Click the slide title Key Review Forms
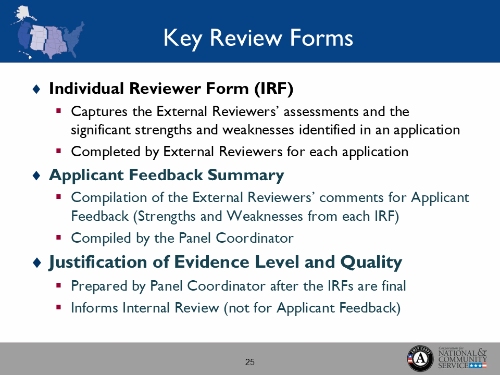258,38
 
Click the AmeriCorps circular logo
420,358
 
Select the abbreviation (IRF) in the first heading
274,89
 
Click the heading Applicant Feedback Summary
166,175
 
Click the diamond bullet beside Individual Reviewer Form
36,90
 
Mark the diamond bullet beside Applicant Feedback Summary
36,176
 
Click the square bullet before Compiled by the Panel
59,238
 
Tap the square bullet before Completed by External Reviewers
59,151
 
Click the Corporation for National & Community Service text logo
463,358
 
